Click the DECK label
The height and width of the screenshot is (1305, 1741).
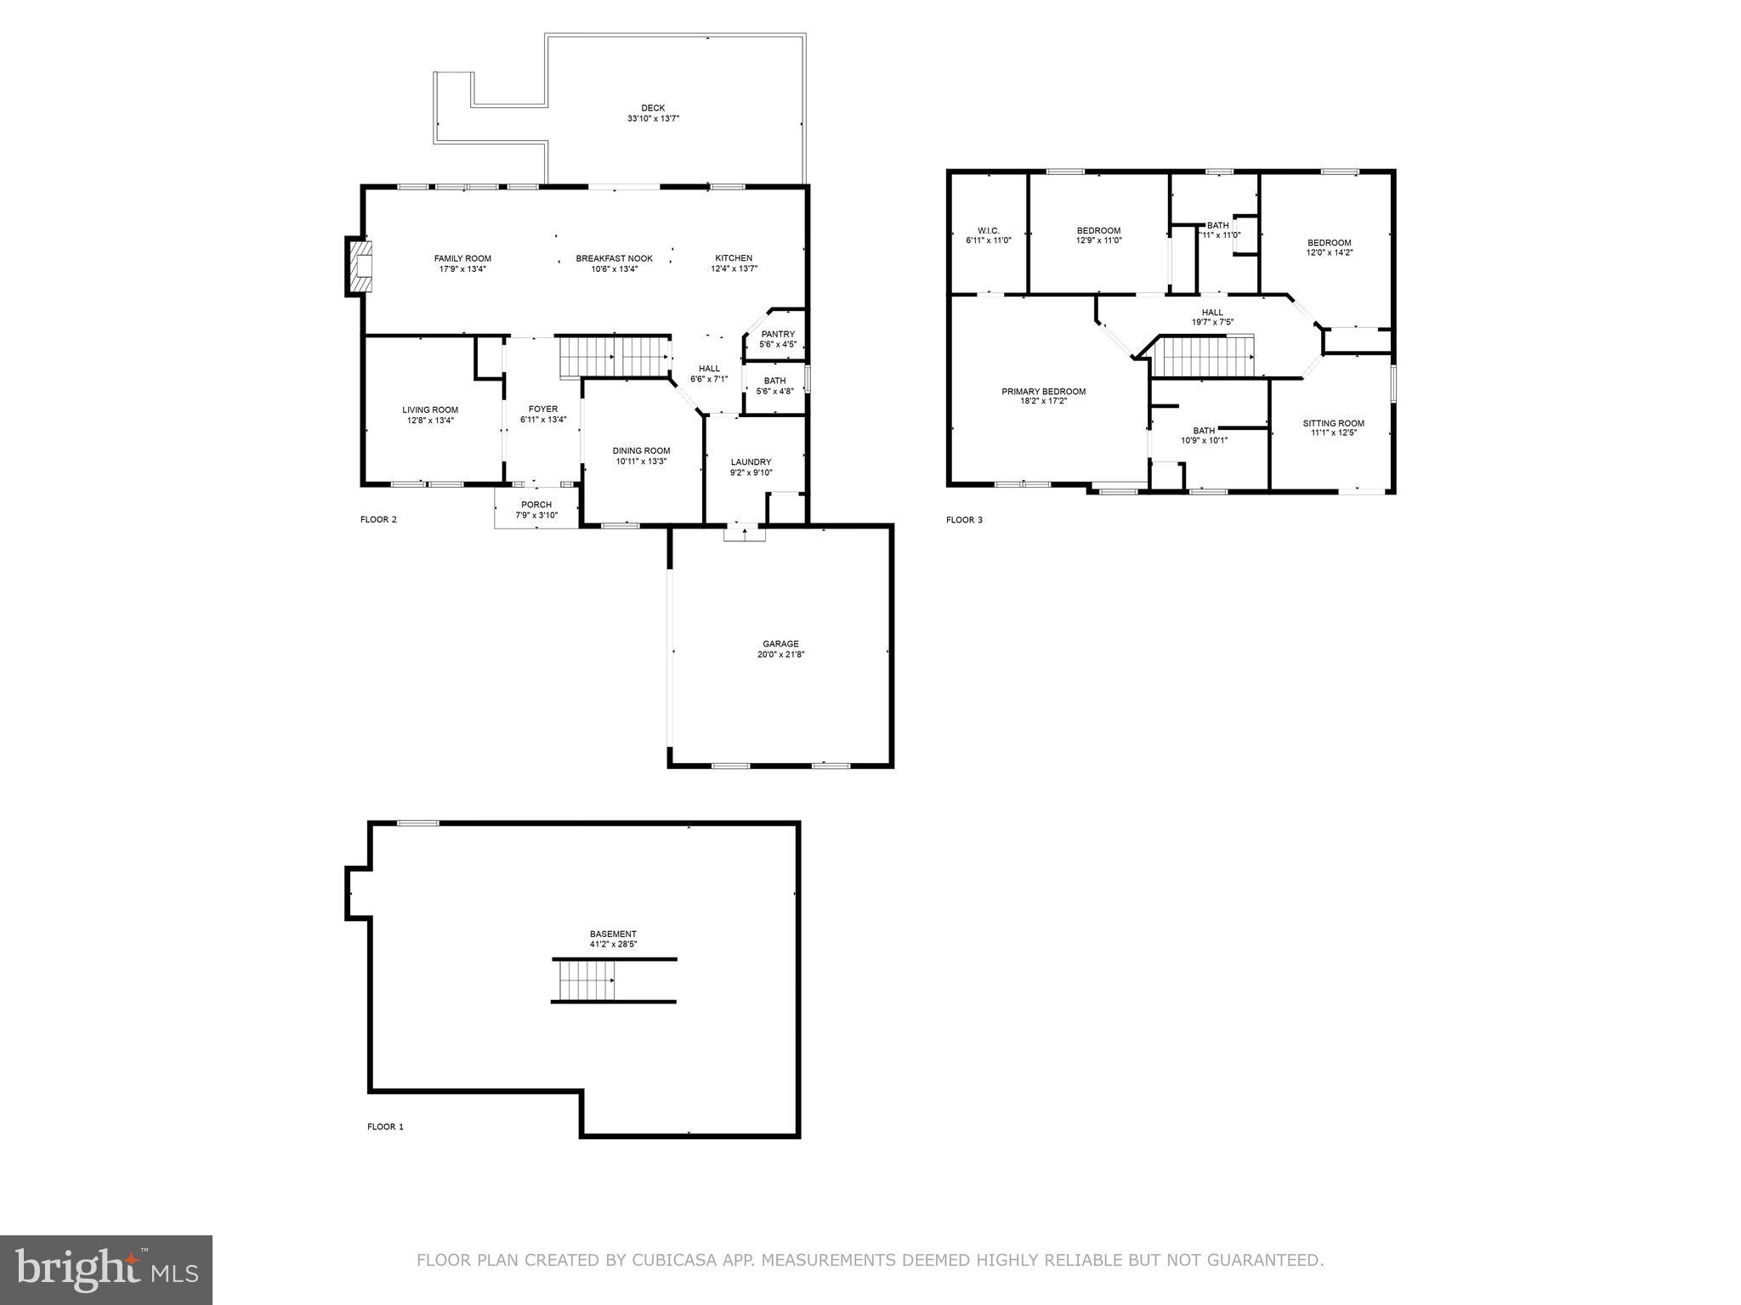[x=653, y=108]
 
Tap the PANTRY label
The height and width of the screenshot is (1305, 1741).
[x=778, y=334]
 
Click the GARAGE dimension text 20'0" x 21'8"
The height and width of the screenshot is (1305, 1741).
[x=780, y=655]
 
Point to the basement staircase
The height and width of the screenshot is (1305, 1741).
[x=587, y=980]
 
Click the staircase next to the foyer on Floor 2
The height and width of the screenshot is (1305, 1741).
[x=613, y=356]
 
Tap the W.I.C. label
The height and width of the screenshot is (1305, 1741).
[x=988, y=230]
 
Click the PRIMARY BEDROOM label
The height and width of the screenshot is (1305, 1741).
[x=1043, y=392]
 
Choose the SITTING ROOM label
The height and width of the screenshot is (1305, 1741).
[x=1333, y=423]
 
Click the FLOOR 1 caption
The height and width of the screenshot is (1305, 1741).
[x=385, y=1127]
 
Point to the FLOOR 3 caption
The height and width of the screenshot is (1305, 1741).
[x=964, y=520]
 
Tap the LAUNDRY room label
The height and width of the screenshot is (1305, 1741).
[x=751, y=462]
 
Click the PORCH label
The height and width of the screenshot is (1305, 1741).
[x=536, y=505]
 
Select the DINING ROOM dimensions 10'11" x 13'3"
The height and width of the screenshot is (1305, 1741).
[x=641, y=461]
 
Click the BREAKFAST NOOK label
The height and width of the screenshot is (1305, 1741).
[x=614, y=258]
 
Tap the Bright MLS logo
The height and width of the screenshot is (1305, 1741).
[x=106, y=1269]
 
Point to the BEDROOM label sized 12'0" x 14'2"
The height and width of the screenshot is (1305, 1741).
[x=1329, y=242]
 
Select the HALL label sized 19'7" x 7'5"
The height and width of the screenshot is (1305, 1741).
[x=1212, y=312]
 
